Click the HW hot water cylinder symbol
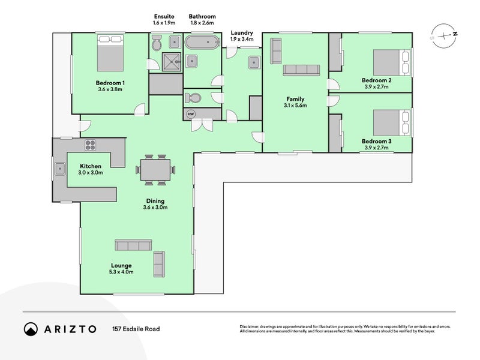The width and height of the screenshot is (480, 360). coord(191,114)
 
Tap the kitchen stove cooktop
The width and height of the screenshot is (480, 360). coord(90,145)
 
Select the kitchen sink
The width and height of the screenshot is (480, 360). coord(60,169)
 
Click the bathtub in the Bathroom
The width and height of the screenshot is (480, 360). coord(202,42)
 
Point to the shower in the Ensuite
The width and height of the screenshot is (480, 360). coord(172,62)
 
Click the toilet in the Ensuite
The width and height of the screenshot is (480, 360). coord(157,43)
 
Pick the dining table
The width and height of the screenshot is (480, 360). coord(155,170)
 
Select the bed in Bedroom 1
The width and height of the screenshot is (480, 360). coord(110,53)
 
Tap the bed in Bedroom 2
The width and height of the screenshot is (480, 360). coord(391,63)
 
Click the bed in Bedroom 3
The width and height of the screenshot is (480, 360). coord(391,123)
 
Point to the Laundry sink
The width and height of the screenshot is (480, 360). coord(254,63)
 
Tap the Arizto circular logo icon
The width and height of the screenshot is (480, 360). coord(31,329)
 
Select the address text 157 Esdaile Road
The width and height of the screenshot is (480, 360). coord(136,329)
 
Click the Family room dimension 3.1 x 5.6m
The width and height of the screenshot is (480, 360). coord(295,106)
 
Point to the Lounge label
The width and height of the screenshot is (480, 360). coord(121,265)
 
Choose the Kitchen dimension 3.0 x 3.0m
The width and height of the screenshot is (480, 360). coord(91,172)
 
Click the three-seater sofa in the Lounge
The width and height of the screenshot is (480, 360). coord(133,245)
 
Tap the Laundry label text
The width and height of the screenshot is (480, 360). coord(242,33)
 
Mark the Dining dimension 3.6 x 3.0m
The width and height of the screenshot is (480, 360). coord(155,207)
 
